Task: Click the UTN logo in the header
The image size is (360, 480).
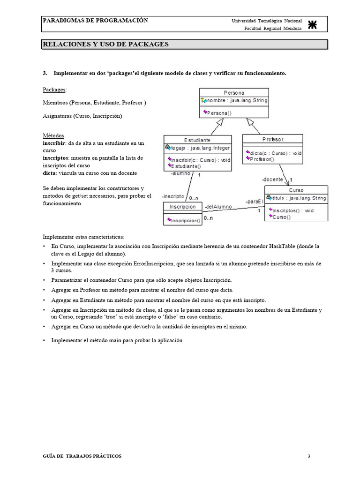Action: [x=313, y=25]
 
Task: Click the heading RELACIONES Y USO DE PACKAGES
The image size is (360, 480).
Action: [x=105, y=45]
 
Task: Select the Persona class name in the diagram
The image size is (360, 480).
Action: [x=233, y=93]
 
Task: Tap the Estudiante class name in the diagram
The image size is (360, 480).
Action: [x=197, y=140]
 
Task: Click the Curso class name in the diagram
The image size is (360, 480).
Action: [x=296, y=190]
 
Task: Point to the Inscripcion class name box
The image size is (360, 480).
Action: [x=183, y=206]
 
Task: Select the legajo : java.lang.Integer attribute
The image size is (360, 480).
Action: [x=200, y=148]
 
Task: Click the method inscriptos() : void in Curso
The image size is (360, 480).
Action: [x=293, y=210]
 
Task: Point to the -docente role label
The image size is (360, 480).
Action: [x=272, y=180]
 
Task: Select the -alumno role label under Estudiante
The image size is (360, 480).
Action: [x=180, y=173]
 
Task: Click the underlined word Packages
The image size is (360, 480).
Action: [x=54, y=89]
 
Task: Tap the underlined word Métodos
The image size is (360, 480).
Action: [x=53, y=135]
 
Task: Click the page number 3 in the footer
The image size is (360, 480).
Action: [x=309, y=456]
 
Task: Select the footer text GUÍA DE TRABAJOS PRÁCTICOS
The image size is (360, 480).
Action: [x=82, y=456]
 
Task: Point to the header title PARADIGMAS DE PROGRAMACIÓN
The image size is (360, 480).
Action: [x=95, y=21]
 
